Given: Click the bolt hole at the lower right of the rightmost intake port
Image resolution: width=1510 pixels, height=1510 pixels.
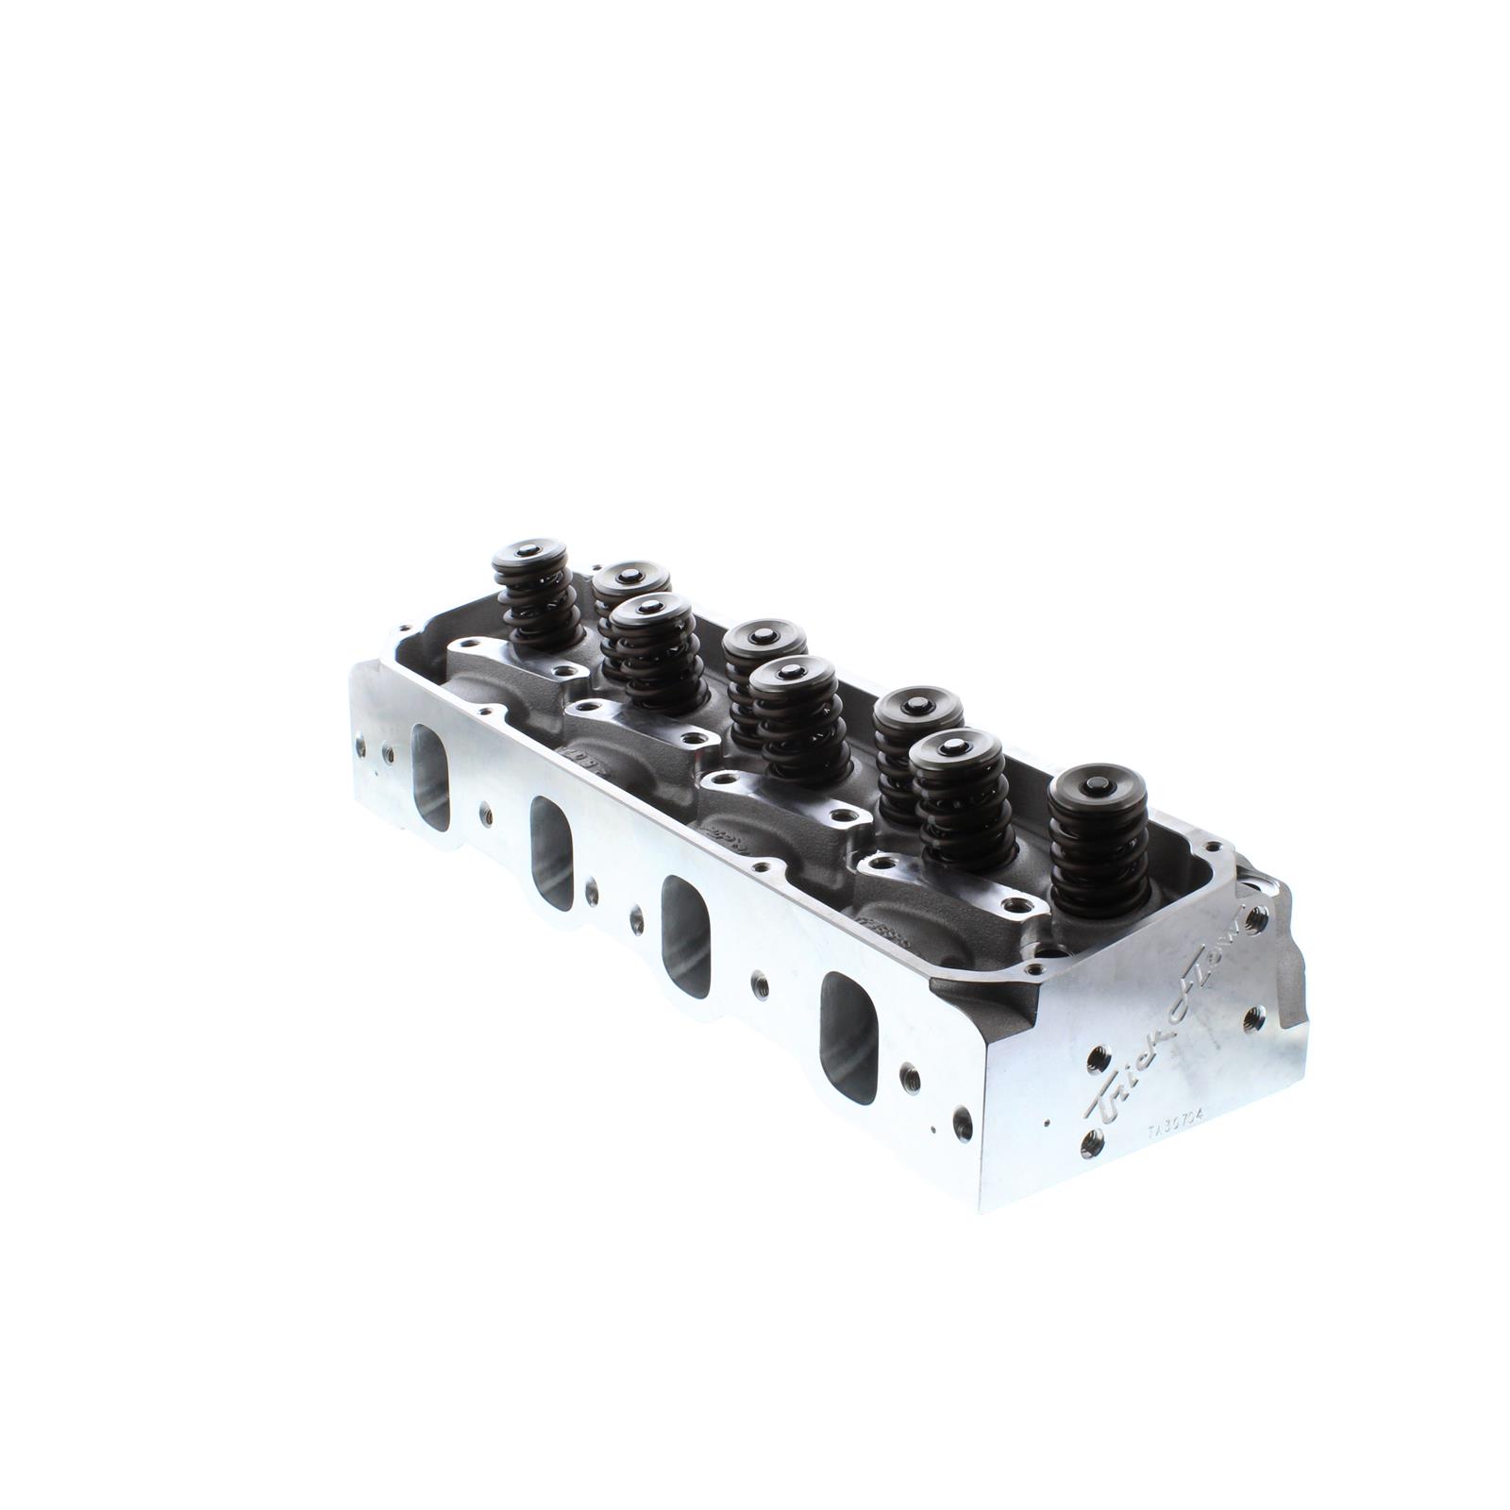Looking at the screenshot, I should pyautogui.click(x=910, y=1076).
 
